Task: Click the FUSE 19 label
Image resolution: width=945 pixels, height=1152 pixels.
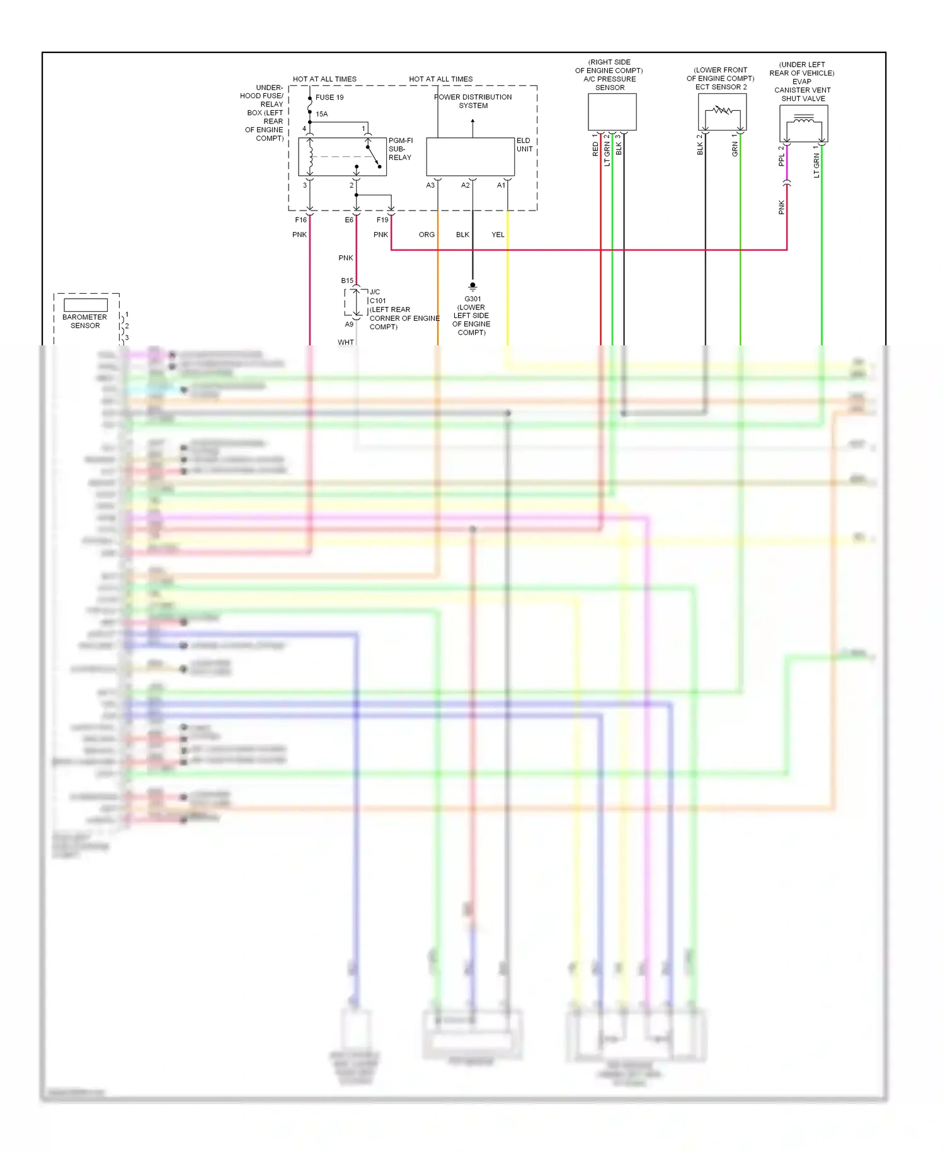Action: [x=329, y=97]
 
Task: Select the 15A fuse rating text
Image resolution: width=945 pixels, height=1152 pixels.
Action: [x=321, y=114]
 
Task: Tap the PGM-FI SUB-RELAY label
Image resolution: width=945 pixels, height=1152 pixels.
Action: [x=400, y=149]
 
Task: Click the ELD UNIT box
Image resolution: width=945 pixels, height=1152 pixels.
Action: [x=470, y=157]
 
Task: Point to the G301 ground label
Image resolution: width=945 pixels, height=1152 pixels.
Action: [x=472, y=299]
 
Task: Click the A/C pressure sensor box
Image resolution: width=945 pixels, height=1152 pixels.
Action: [x=612, y=112]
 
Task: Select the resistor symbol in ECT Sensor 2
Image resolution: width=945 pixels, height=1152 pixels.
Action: [x=722, y=111]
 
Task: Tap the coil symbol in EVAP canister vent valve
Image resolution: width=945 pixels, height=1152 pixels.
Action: [x=803, y=120]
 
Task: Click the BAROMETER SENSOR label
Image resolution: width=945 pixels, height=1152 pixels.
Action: [x=85, y=321]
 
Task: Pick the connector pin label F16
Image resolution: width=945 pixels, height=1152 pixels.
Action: [x=301, y=220]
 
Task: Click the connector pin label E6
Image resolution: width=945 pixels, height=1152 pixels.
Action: [x=349, y=220]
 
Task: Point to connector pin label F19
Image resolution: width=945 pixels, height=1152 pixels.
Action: [x=382, y=220]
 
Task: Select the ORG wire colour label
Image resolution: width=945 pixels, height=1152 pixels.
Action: [x=427, y=234]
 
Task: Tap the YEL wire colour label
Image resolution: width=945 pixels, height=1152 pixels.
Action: [x=498, y=234]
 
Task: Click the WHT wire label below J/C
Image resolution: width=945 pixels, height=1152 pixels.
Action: [x=345, y=342]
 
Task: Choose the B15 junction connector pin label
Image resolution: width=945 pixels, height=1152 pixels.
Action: [x=347, y=280]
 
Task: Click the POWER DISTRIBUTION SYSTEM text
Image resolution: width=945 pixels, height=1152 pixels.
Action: [x=473, y=101]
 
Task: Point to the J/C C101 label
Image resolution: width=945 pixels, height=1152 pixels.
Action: [x=377, y=296]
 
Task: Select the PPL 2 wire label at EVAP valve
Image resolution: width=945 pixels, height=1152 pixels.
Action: [x=781, y=156]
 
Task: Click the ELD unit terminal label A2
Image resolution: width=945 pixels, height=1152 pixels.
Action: [x=465, y=185]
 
